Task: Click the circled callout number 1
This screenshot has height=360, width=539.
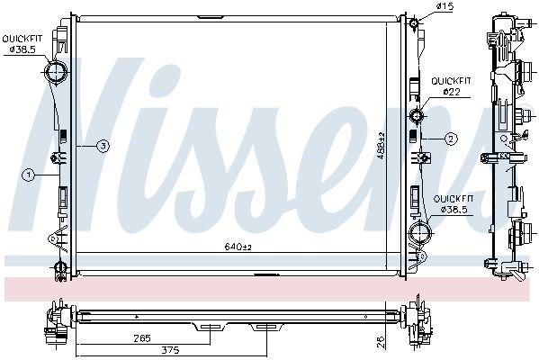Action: (x=29, y=175)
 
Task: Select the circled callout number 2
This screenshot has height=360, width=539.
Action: (x=451, y=139)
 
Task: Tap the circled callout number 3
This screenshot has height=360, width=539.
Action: (x=103, y=147)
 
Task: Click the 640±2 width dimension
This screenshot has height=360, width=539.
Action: (x=238, y=247)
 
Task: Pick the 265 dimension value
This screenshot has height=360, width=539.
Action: (x=142, y=338)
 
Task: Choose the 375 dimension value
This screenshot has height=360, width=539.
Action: (x=171, y=350)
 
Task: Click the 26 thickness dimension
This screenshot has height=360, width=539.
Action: (x=382, y=343)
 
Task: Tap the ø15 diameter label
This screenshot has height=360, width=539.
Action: (x=445, y=5)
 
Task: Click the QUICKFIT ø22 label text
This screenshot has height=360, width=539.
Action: (x=451, y=86)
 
